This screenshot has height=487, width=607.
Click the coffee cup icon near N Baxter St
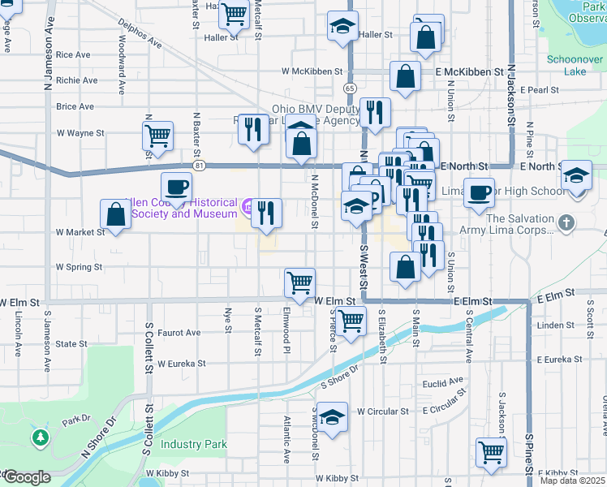click(176, 187)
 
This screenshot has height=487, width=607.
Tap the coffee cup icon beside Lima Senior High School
click(480, 192)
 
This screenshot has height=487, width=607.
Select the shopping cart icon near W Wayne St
click(157, 135)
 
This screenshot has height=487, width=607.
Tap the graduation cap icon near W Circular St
click(332, 417)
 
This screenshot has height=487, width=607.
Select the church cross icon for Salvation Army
click(566, 221)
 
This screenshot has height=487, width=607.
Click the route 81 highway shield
click(199, 166)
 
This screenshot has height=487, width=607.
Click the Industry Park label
click(194, 444)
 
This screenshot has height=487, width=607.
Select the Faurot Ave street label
click(179, 333)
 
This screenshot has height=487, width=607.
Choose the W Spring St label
click(79, 266)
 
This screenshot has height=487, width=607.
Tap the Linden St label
click(556, 325)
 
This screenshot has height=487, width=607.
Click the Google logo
click(26, 477)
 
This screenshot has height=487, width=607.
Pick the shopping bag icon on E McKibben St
click(405, 76)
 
